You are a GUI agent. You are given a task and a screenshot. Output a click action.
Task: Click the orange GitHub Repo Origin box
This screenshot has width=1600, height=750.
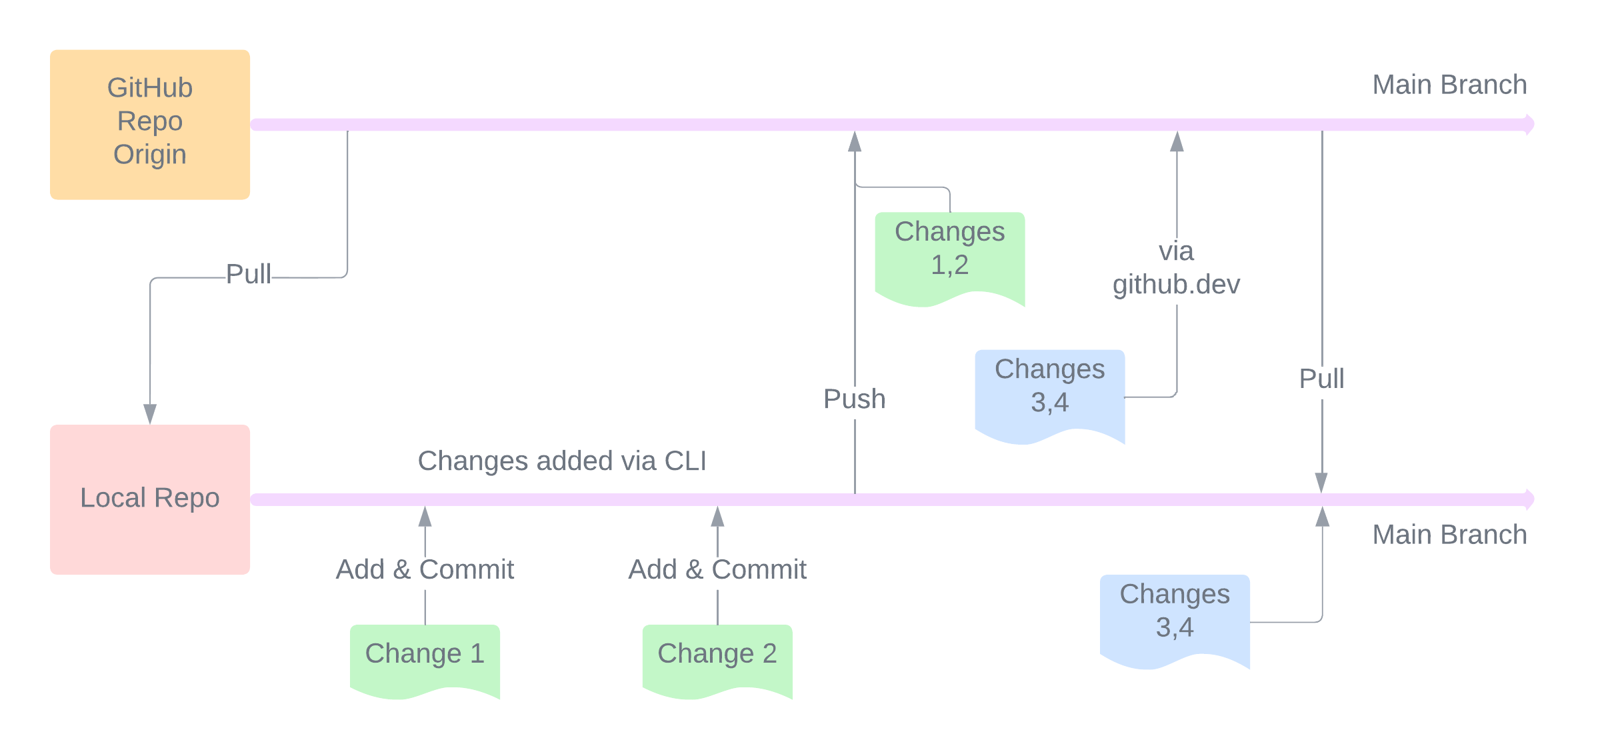pos(149,124)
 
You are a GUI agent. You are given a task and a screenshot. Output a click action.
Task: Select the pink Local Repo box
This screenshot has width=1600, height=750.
pos(149,499)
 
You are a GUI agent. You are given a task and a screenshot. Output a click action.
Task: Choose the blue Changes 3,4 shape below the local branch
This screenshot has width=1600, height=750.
pos(1174,617)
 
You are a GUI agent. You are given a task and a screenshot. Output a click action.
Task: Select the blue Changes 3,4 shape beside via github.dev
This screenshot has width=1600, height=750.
pos(1049,393)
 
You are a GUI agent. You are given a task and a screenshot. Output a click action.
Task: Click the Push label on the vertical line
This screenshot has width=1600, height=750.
pos(854,399)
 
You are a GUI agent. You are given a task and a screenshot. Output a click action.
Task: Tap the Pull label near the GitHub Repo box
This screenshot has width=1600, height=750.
pos(248,274)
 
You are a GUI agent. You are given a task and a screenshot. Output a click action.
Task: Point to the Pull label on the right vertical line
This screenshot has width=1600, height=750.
pos(1321,379)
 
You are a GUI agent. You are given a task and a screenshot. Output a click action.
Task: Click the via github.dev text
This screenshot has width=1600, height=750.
pos(1176,268)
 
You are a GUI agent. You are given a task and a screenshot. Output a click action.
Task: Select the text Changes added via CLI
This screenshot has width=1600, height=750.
pos(561,461)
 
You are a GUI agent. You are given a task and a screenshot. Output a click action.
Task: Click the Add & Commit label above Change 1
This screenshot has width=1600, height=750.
pos(425,569)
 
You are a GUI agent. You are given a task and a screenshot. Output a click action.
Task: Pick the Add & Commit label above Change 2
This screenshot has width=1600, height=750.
pos(717,569)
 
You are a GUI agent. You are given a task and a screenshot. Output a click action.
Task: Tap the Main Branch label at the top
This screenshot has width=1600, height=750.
pos(1449,85)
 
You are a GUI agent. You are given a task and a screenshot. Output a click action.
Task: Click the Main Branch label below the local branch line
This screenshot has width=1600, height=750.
pos(1449,535)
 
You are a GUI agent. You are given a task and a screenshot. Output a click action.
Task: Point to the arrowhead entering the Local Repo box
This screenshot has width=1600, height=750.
pos(150,413)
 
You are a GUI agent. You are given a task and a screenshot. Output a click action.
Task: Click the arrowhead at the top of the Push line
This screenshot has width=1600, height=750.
pos(855,141)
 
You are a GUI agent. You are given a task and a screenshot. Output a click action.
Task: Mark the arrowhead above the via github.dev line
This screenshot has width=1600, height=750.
pos(1177,141)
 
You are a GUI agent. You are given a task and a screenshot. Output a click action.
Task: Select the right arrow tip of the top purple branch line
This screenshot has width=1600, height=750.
pos(1530,124)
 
